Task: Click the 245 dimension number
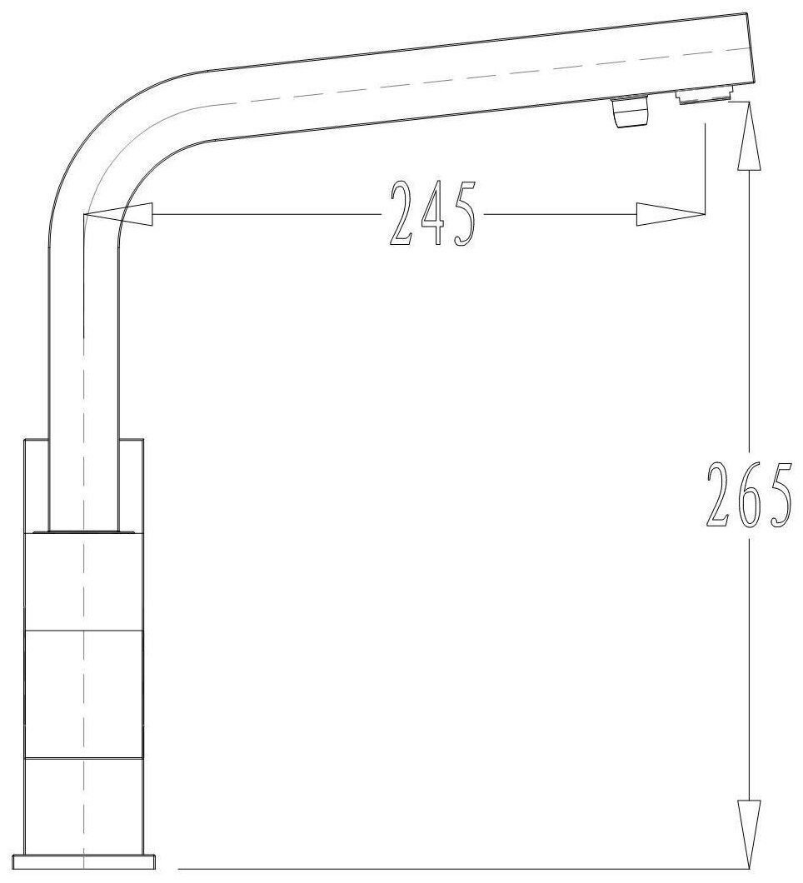433,213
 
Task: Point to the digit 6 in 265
748,495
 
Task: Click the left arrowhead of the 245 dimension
117,214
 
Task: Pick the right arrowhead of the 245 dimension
671,214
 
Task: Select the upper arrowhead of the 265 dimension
749,135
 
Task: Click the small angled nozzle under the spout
630,112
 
